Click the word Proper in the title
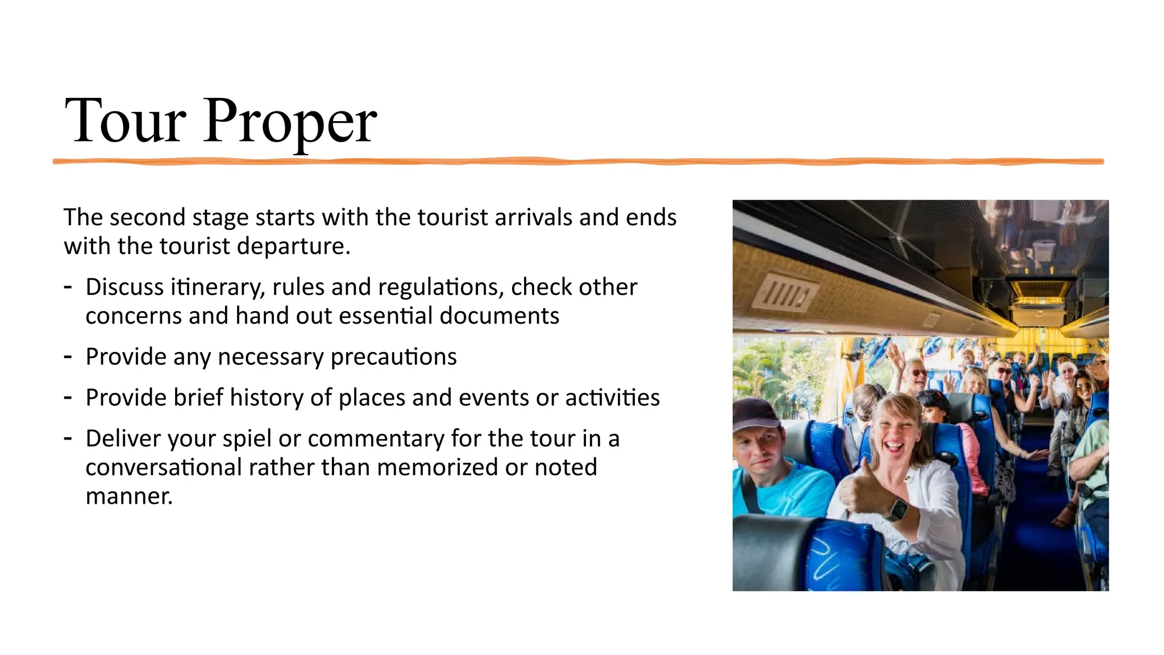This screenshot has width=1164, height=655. (x=290, y=122)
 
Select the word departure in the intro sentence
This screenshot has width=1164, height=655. (x=293, y=247)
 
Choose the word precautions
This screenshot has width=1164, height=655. (x=393, y=357)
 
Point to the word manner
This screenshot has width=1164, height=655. (x=129, y=496)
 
